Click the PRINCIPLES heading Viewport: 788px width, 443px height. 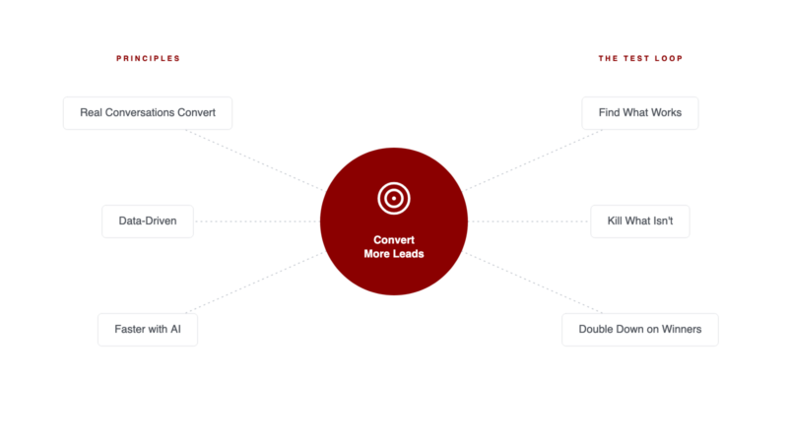pyautogui.click(x=149, y=58)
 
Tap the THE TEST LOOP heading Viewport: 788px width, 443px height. pyautogui.click(x=640, y=58)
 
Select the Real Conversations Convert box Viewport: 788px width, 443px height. pyautogui.click(x=148, y=113)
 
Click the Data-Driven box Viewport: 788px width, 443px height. pyautogui.click(x=148, y=221)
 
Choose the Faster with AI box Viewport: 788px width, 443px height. pyautogui.click(x=148, y=330)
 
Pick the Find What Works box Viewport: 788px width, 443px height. pyautogui.click(x=640, y=113)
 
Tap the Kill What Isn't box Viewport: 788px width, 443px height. pyautogui.click(x=640, y=221)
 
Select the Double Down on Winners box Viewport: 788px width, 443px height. pyautogui.click(x=640, y=330)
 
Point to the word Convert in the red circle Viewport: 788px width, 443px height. pyautogui.click(x=394, y=240)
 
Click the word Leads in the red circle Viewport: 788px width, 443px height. pyautogui.click(x=408, y=254)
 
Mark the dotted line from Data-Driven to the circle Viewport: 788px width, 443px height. pyautogui.click(x=257, y=221)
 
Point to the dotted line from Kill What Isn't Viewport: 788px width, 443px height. pyautogui.click(x=529, y=221)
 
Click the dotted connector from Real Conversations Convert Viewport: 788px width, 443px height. pyautogui.click(x=255, y=160)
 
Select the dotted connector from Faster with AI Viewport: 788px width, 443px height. pyautogui.click(x=255, y=283)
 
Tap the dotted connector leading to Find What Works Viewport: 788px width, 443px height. pyautogui.click(x=534, y=160)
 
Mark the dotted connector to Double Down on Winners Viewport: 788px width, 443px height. pyautogui.click(x=534, y=283)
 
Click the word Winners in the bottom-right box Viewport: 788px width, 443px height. pyautogui.click(x=682, y=329)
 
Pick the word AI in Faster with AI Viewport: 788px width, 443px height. pyautogui.click(x=175, y=329)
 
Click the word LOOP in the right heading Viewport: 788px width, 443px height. pyautogui.click(x=669, y=58)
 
